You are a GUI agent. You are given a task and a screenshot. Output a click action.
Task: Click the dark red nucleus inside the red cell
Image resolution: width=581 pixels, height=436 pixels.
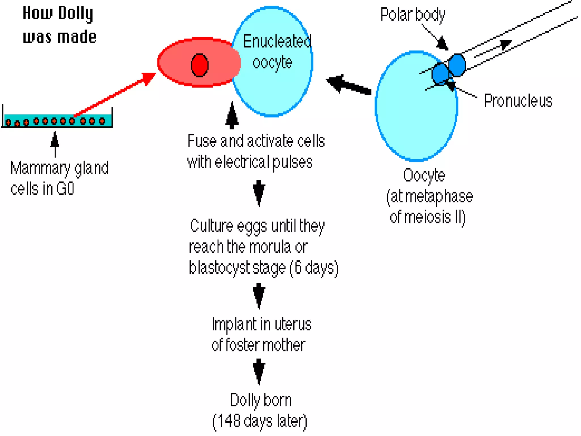tap(199, 65)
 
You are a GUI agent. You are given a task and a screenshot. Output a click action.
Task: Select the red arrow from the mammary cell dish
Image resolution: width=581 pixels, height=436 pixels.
tap(113, 95)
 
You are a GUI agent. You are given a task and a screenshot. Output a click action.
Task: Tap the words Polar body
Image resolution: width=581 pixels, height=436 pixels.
tap(412, 15)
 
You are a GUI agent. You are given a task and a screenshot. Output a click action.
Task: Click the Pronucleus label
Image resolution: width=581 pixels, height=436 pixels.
tap(518, 101)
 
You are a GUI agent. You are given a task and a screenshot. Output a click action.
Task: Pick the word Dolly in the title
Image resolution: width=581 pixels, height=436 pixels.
tap(76, 14)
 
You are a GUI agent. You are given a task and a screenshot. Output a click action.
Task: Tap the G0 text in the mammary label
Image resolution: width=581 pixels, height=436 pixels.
tap(65, 188)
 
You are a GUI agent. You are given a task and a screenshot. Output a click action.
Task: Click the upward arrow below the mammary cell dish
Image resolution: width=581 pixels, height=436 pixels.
tap(55, 143)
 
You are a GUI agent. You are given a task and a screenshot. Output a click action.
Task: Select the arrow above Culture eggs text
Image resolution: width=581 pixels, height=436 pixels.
tap(259, 192)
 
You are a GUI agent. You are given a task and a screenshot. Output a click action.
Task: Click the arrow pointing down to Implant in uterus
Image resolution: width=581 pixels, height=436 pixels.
tap(259, 295)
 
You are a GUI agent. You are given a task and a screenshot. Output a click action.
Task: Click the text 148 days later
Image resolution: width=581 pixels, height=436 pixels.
tap(260, 421)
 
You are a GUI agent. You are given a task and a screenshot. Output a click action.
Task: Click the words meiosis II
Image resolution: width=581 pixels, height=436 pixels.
tap(427, 217)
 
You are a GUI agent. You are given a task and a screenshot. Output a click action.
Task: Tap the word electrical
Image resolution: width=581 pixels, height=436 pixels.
tap(242, 162)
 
